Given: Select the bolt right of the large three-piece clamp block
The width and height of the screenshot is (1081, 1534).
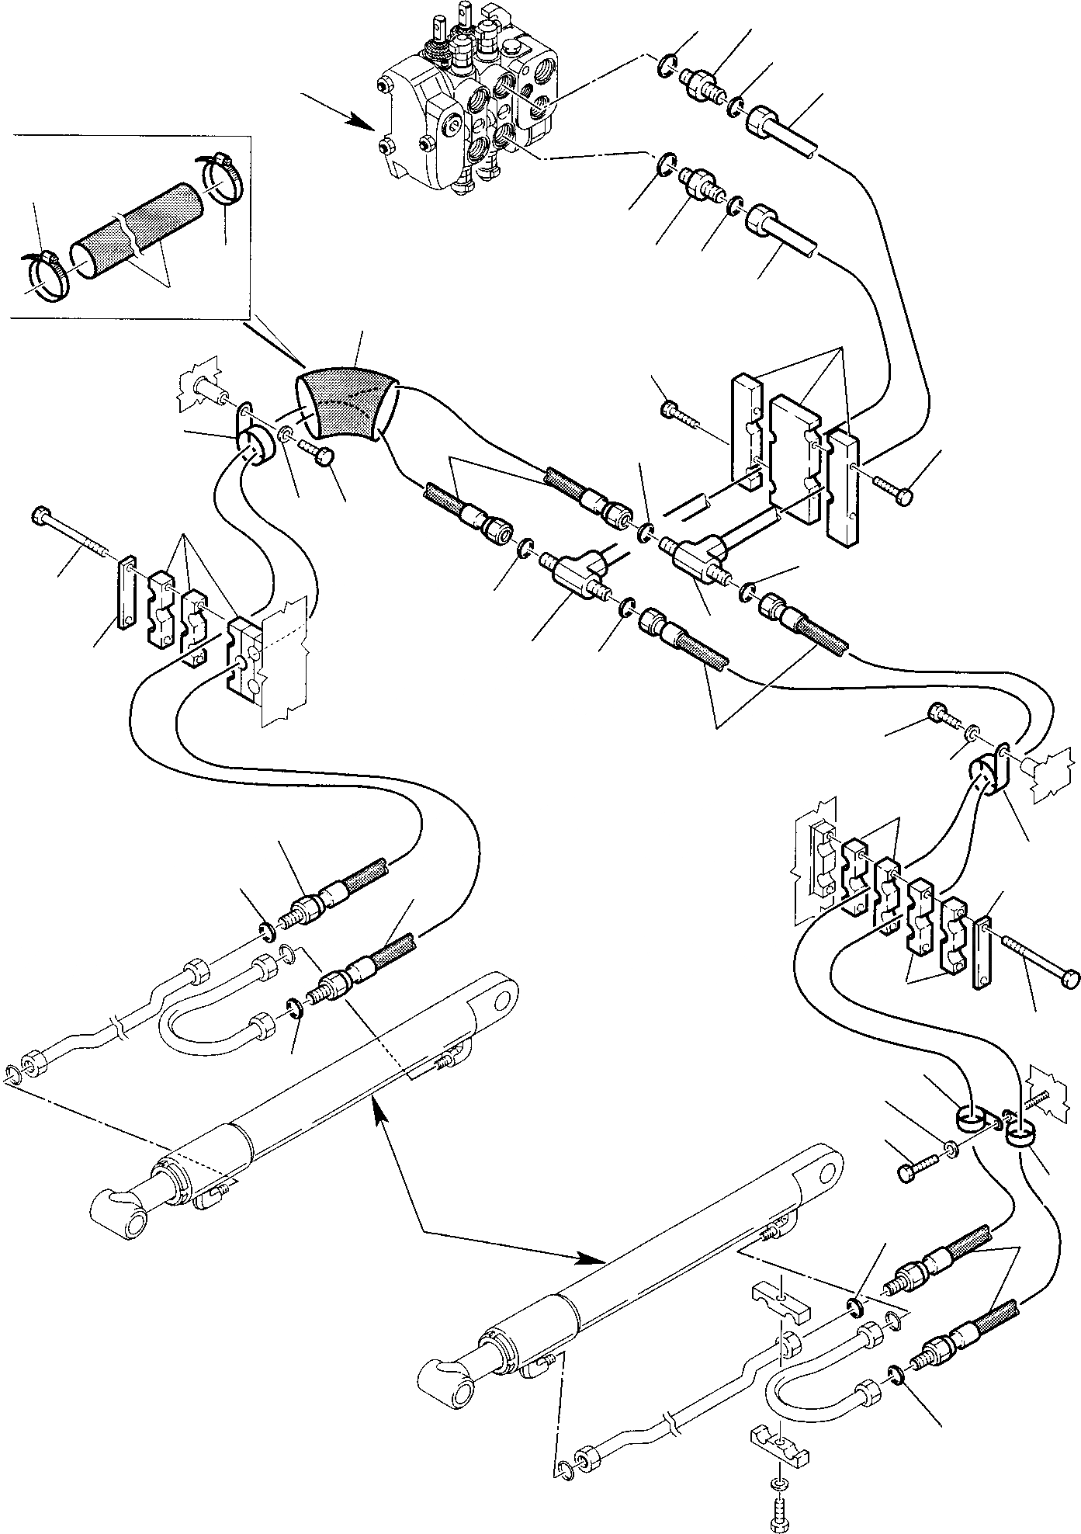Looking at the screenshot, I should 892,489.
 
